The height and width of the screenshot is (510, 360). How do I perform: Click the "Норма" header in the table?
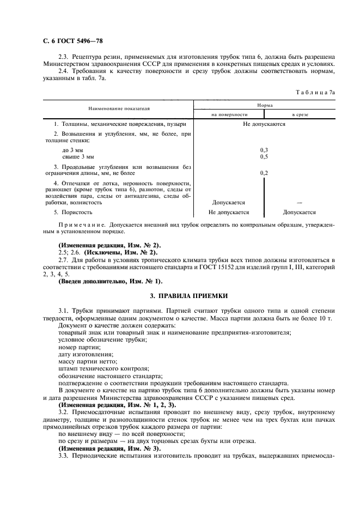point(264,104)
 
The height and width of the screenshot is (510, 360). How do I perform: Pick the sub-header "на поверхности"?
point(229,114)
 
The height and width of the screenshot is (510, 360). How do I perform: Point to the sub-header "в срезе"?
point(300,114)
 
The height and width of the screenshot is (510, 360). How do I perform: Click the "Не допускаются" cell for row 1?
point(264,124)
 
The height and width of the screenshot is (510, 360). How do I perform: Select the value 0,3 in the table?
point(264,149)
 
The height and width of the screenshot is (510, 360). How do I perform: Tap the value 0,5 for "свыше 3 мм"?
point(264,156)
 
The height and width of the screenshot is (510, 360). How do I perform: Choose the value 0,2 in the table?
point(264,173)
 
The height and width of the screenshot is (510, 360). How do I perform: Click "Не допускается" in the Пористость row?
point(229,212)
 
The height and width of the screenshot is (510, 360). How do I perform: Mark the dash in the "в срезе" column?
point(300,202)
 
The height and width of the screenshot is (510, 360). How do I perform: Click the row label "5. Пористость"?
point(73,212)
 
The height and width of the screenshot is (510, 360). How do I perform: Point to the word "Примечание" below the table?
point(82,224)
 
